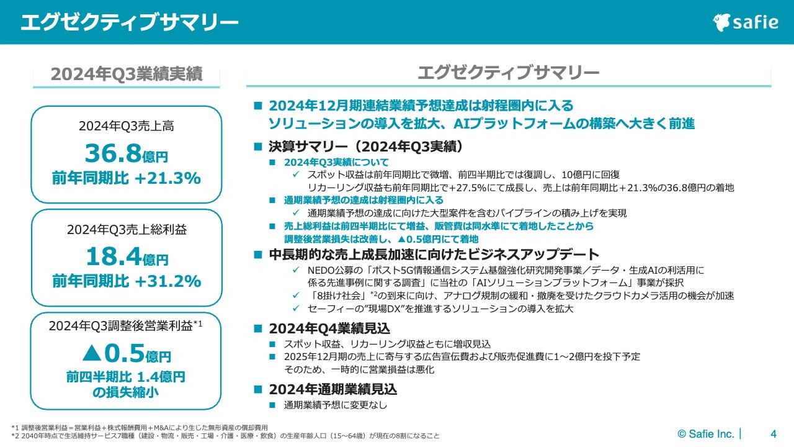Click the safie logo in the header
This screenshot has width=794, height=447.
coord(745,22)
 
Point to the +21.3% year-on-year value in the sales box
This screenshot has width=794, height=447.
coord(167,179)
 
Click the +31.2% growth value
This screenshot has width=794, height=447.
coord(167,281)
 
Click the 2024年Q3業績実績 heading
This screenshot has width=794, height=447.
coord(127,74)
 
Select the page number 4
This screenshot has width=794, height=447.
coord(773,433)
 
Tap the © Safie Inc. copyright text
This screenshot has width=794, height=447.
coord(705,433)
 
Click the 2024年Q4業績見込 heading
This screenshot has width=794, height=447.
coord(329,328)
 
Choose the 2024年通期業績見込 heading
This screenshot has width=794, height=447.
coord(332,390)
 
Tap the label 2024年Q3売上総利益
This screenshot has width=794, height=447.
coord(127,229)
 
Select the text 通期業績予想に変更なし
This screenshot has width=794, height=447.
coord(335,405)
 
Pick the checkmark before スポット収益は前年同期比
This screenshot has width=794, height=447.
coord(297,174)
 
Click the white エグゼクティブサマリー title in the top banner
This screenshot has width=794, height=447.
coord(129,22)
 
